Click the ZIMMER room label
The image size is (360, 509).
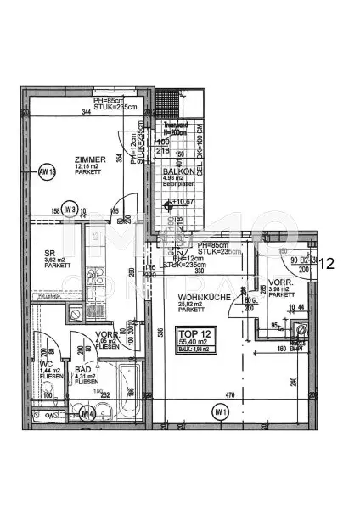pos(89,159)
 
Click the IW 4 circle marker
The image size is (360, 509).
pos(87,413)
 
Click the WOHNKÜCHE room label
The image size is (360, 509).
pos(200,298)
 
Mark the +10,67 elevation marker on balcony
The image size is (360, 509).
pos(180,203)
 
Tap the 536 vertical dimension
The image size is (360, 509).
pos(159,334)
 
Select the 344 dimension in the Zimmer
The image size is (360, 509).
pos(86,112)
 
